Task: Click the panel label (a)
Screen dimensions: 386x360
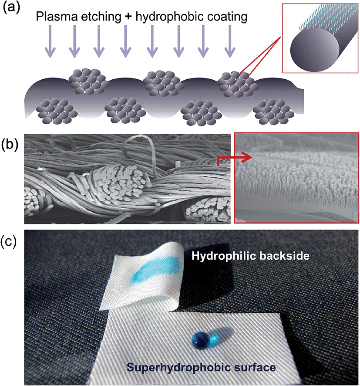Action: point(12,9)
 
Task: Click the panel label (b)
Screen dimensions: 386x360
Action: point(12,144)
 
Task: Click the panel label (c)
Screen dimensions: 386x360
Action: point(12,242)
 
